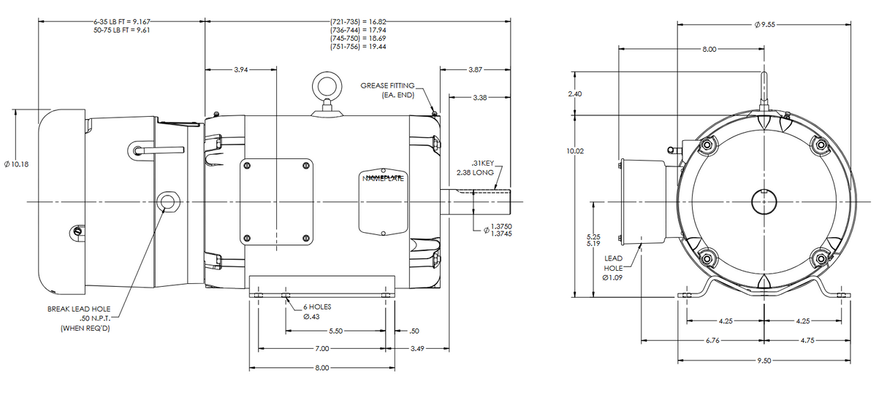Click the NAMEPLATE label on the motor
(384, 178)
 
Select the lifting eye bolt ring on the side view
(325, 86)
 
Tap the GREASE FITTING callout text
(387, 91)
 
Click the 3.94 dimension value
(240, 70)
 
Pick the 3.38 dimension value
(480, 97)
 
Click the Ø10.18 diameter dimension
(16, 164)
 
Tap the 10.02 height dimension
(576, 151)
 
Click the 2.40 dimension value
(576, 94)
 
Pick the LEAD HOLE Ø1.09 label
(614, 268)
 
